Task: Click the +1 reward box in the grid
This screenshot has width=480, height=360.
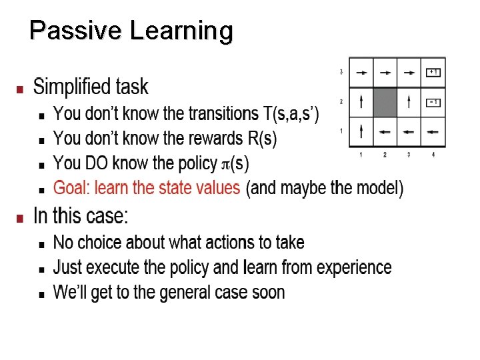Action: tap(433, 71)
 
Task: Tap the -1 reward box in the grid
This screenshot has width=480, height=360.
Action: tap(433, 103)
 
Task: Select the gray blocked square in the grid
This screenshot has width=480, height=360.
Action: tap(385, 102)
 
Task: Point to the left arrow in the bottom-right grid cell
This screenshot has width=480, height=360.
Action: tap(433, 132)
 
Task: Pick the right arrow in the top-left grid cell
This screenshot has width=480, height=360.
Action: tap(361, 71)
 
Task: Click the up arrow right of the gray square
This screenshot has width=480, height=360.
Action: tap(409, 102)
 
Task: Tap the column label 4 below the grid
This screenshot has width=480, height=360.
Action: tap(433, 155)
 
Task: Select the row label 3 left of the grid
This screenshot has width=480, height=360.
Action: tap(341, 71)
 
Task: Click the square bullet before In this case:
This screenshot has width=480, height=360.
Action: tap(20, 217)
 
